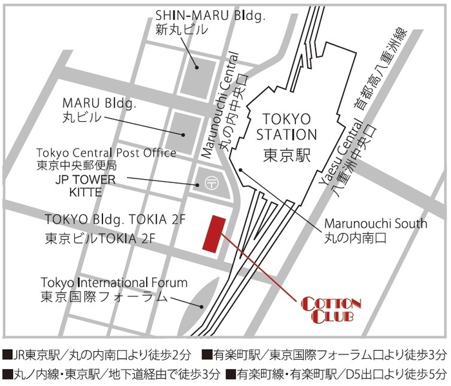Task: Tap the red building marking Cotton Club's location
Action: point(213,234)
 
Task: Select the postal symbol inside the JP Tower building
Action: point(209,182)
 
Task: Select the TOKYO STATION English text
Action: point(287,127)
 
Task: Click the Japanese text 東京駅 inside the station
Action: point(287,155)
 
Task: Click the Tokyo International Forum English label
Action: point(114,282)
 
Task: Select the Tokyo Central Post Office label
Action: point(106,153)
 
